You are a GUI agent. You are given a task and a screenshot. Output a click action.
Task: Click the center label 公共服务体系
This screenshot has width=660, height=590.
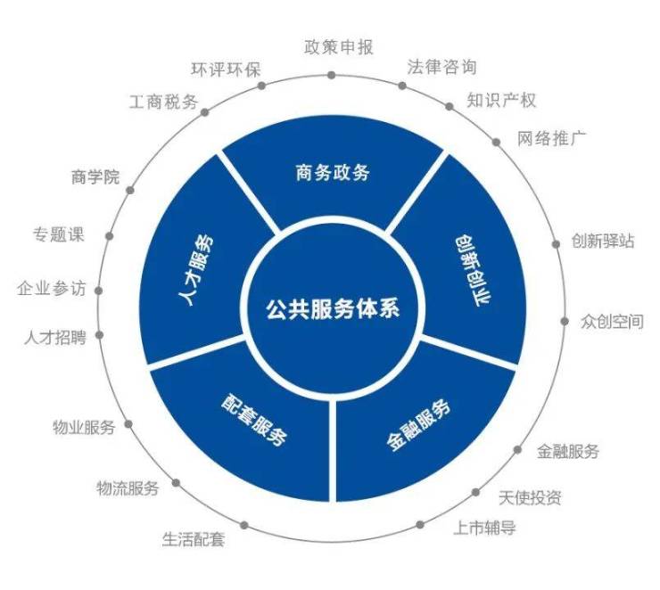(x=332, y=309)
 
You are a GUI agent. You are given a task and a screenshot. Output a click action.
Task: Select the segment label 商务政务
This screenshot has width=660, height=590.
(x=332, y=172)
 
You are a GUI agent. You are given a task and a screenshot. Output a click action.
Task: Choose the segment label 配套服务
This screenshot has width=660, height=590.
(x=254, y=416)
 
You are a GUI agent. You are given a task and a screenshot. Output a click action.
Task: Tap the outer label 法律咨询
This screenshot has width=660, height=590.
(x=441, y=67)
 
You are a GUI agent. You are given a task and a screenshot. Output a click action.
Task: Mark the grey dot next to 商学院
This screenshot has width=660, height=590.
(x=131, y=188)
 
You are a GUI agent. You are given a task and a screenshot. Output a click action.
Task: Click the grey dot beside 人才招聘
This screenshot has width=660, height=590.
(x=98, y=336)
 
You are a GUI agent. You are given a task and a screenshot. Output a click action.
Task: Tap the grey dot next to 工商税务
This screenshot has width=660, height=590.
(x=206, y=113)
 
